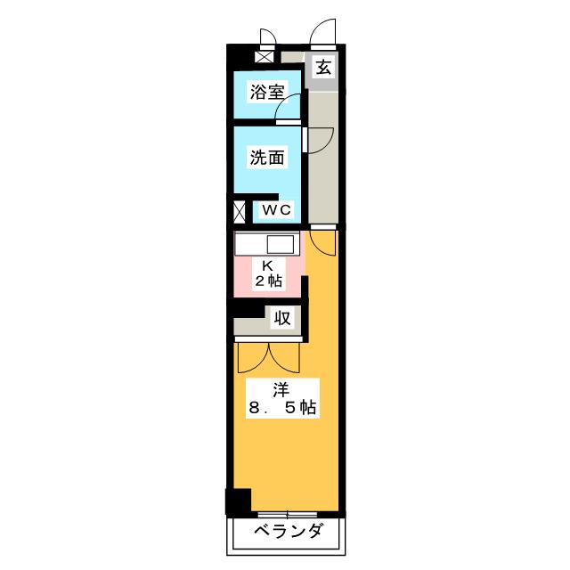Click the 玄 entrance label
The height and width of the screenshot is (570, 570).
pyautogui.click(x=324, y=67)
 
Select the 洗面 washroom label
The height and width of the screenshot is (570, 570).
pyautogui.click(x=266, y=158)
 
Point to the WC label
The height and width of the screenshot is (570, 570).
pyautogui.click(x=275, y=210)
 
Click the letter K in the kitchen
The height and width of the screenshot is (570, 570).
pyautogui.click(x=267, y=265)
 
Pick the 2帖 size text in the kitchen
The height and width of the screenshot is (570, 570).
pyautogui.click(x=267, y=281)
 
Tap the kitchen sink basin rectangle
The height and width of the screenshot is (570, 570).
pyautogui.click(x=281, y=244)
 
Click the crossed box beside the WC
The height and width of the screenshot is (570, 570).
pyautogui.click(x=238, y=213)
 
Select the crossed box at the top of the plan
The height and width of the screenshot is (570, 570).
pyautogui.click(x=263, y=56)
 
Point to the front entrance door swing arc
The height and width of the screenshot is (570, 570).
pyautogui.click(x=323, y=34)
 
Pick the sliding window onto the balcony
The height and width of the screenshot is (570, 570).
pyautogui.click(x=288, y=515)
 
